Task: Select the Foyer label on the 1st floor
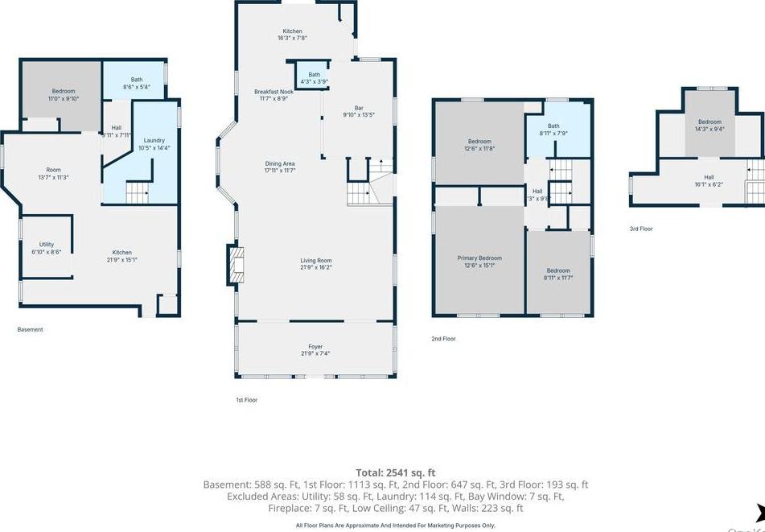[315, 350]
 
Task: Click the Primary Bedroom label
[479, 262]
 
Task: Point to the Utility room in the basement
[47, 248]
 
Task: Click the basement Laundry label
[154, 144]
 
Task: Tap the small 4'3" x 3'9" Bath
[314, 78]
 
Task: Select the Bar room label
[360, 111]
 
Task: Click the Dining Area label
[279, 167]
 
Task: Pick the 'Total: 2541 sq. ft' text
[395, 472]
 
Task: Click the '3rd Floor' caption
[641, 229]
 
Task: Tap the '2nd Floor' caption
[443, 339]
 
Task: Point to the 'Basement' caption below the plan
[31, 329]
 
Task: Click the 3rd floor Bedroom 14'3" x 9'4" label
[709, 125]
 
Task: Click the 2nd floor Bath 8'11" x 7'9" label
[553, 129]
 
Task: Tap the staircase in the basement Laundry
[138, 192]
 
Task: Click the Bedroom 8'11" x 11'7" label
[557, 274]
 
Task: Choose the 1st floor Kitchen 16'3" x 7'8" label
[292, 35]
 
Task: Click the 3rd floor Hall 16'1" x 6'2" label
[709, 180]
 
